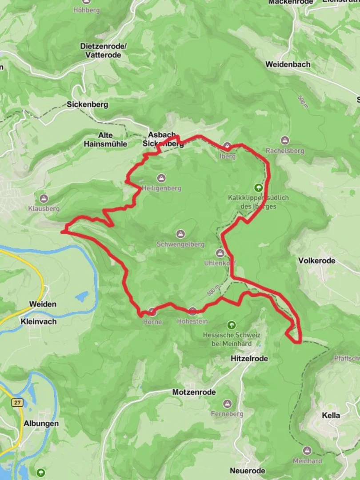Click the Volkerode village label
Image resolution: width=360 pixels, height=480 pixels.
point(317,260)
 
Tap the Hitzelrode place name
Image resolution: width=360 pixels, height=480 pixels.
point(249,358)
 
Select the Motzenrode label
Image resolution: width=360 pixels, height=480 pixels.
point(194,392)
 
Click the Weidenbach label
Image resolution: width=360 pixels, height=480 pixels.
point(288,64)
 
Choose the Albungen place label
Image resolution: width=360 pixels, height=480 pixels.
point(41,424)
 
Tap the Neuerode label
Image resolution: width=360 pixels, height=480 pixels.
point(248,471)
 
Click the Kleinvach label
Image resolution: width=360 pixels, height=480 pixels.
point(38,321)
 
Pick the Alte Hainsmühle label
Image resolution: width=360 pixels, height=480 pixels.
point(105,140)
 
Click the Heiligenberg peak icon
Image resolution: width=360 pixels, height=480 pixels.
point(161,178)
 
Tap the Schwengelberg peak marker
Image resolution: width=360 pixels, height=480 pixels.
point(180,234)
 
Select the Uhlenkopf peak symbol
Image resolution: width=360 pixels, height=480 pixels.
point(220,253)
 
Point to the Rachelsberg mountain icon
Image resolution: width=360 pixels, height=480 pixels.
point(285,140)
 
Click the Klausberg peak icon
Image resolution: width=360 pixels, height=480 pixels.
point(44,198)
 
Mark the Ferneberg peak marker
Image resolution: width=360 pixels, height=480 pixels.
point(228,404)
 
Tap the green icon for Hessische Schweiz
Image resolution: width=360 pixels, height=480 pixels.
point(231,325)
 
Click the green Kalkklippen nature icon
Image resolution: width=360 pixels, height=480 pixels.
point(258,188)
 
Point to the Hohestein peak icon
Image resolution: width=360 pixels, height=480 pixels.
point(192,311)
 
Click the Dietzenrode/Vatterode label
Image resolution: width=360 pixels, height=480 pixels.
point(104,50)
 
